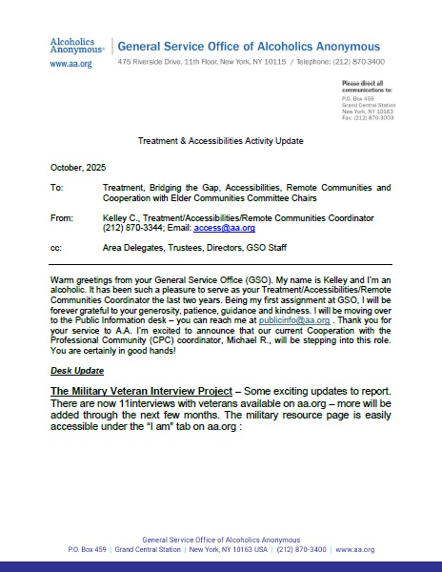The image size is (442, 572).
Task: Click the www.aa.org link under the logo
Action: pyautogui.click(x=71, y=63)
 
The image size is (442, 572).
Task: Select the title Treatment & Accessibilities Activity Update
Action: pyautogui.click(x=220, y=140)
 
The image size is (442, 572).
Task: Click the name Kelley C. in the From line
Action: pyautogui.click(x=120, y=218)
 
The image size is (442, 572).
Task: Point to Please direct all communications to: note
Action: pyautogui.click(x=367, y=88)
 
